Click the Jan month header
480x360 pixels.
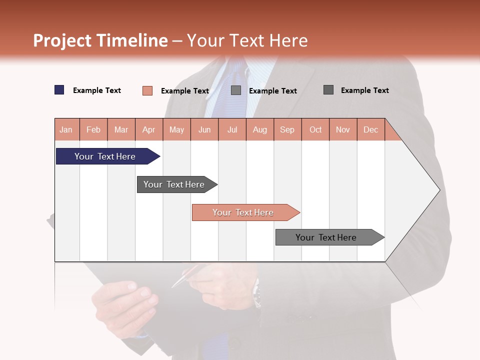coord(66,129)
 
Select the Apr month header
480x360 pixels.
coord(149,129)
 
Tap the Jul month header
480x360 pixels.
coord(232,129)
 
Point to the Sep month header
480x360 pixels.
coord(287,129)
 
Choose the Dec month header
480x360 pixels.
coord(370,129)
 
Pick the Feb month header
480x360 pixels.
coord(93,129)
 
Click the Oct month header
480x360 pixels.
coord(315,129)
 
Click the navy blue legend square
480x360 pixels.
coord(59,90)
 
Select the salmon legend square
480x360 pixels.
coord(147,90)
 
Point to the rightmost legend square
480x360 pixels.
coord(328,90)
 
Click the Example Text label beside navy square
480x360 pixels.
coord(97,90)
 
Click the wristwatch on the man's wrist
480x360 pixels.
coord(256,295)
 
